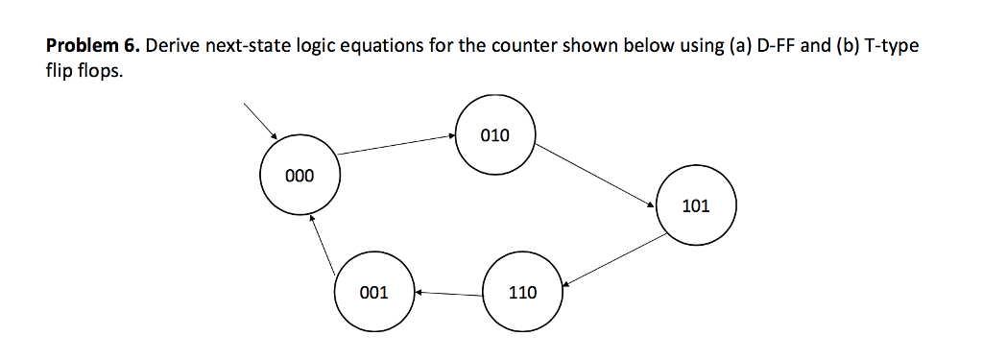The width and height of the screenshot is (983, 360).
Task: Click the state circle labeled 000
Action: coord(299,176)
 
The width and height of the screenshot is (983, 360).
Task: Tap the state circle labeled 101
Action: coord(694,205)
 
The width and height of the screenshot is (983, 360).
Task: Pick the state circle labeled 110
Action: coord(522,292)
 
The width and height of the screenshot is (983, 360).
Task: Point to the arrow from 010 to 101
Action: coord(595,174)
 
